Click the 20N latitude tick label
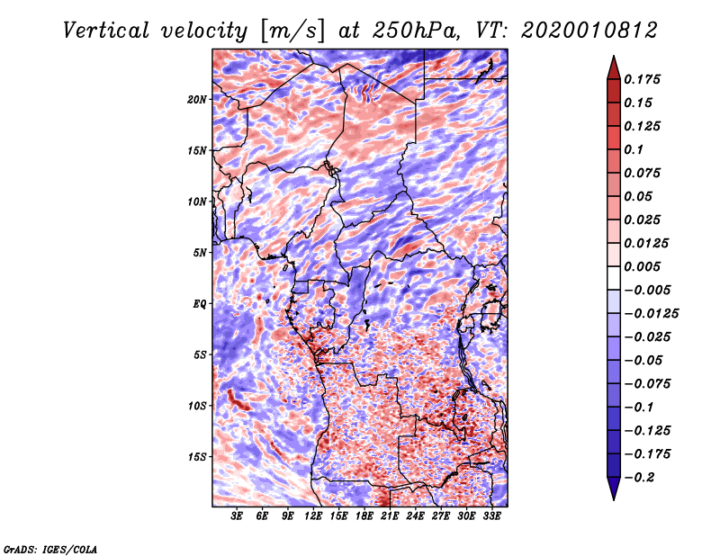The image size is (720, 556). tap(197, 99)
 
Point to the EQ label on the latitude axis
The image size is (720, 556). tap(200, 303)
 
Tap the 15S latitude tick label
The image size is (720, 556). tap(197, 456)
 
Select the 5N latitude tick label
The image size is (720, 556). tap(200, 253)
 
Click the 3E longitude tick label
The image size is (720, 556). tap(238, 517)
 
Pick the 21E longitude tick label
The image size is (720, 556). tap(389, 517)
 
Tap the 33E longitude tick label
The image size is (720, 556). tap(490, 517)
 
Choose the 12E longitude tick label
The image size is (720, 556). tap(313, 517)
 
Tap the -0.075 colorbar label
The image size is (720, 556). tap(649, 383)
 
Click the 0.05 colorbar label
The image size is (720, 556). tap(641, 196)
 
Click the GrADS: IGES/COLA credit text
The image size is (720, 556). tap(50, 548)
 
